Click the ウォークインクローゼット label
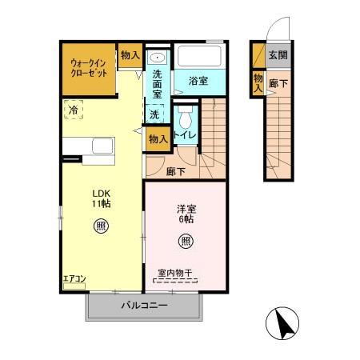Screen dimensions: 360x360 89,66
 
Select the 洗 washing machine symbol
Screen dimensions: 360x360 154,114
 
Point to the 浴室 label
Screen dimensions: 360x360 198,82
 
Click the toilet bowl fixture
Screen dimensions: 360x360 185,120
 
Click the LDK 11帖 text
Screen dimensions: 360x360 100,198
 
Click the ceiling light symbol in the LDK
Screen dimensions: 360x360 101,226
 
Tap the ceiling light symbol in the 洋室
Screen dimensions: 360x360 186,240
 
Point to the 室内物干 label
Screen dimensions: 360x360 175,274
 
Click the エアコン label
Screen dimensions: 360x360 74,279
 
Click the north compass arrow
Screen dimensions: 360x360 282,324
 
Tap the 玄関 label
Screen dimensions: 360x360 277,55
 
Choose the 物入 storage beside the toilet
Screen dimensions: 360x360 158,138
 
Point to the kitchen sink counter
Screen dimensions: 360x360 92,148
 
